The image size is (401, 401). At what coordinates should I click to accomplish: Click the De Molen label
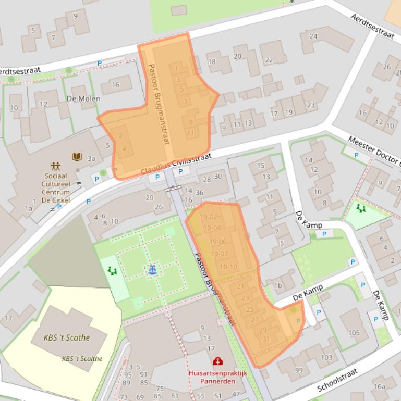pos(83,98)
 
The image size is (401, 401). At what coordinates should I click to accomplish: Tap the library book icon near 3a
pos(77,156)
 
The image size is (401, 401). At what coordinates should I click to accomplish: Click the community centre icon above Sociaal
pos(56,167)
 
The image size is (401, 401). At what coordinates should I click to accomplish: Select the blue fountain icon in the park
pos(152,270)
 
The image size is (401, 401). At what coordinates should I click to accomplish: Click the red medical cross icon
pos(217,361)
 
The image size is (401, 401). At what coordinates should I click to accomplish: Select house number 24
pos(313,36)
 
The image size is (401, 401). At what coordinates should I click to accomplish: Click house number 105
pos(354,333)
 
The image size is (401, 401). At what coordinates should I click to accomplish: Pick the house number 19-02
pos(209,217)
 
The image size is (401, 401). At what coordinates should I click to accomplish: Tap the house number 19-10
pos(228,267)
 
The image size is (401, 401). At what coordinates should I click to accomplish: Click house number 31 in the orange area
pos(266,339)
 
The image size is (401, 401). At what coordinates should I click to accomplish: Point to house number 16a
pos(379,386)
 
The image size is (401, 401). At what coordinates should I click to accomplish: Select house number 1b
pos(278,285)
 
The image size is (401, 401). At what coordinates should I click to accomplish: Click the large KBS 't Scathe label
pos(67,337)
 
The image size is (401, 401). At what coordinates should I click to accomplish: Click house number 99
pos(299,370)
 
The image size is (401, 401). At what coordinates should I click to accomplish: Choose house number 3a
pos(91,158)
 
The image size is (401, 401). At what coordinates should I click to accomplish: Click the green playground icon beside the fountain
pos(112,270)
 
